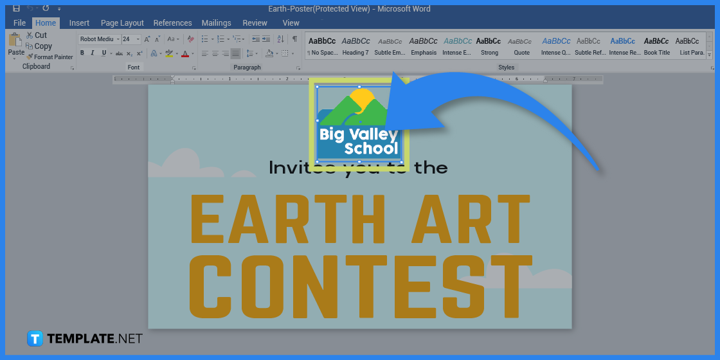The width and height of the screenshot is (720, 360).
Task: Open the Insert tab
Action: pyautogui.click(x=79, y=22)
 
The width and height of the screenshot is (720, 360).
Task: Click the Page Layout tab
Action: pyautogui.click(x=122, y=22)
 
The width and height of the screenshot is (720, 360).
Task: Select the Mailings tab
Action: pyautogui.click(x=216, y=22)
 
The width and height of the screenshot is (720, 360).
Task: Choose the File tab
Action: pyautogui.click(x=19, y=22)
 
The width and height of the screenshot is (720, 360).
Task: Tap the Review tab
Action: pyautogui.click(x=255, y=22)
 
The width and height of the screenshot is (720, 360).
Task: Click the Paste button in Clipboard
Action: pyautogui.click(x=15, y=45)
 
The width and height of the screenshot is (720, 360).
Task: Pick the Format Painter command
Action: pyautogui.click(x=50, y=57)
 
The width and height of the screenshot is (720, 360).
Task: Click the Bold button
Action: pyautogui.click(x=82, y=53)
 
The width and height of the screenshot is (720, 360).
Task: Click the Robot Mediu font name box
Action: pyautogui.click(x=97, y=39)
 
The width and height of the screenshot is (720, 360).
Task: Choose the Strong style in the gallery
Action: pyautogui.click(x=489, y=45)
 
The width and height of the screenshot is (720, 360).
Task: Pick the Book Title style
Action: pyautogui.click(x=656, y=45)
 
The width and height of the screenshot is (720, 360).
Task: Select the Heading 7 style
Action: pyautogui.click(x=355, y=45)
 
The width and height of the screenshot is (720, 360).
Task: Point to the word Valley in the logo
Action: pyautogui.click(x=373, y=134)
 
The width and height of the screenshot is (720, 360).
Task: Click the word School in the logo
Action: pyautogui.click(x=372, y=149)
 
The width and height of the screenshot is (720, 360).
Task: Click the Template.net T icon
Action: pyautogui.click(x=35, y=339)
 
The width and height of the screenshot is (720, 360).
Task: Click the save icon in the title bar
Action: pyautogui.click(x=17, y=9)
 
